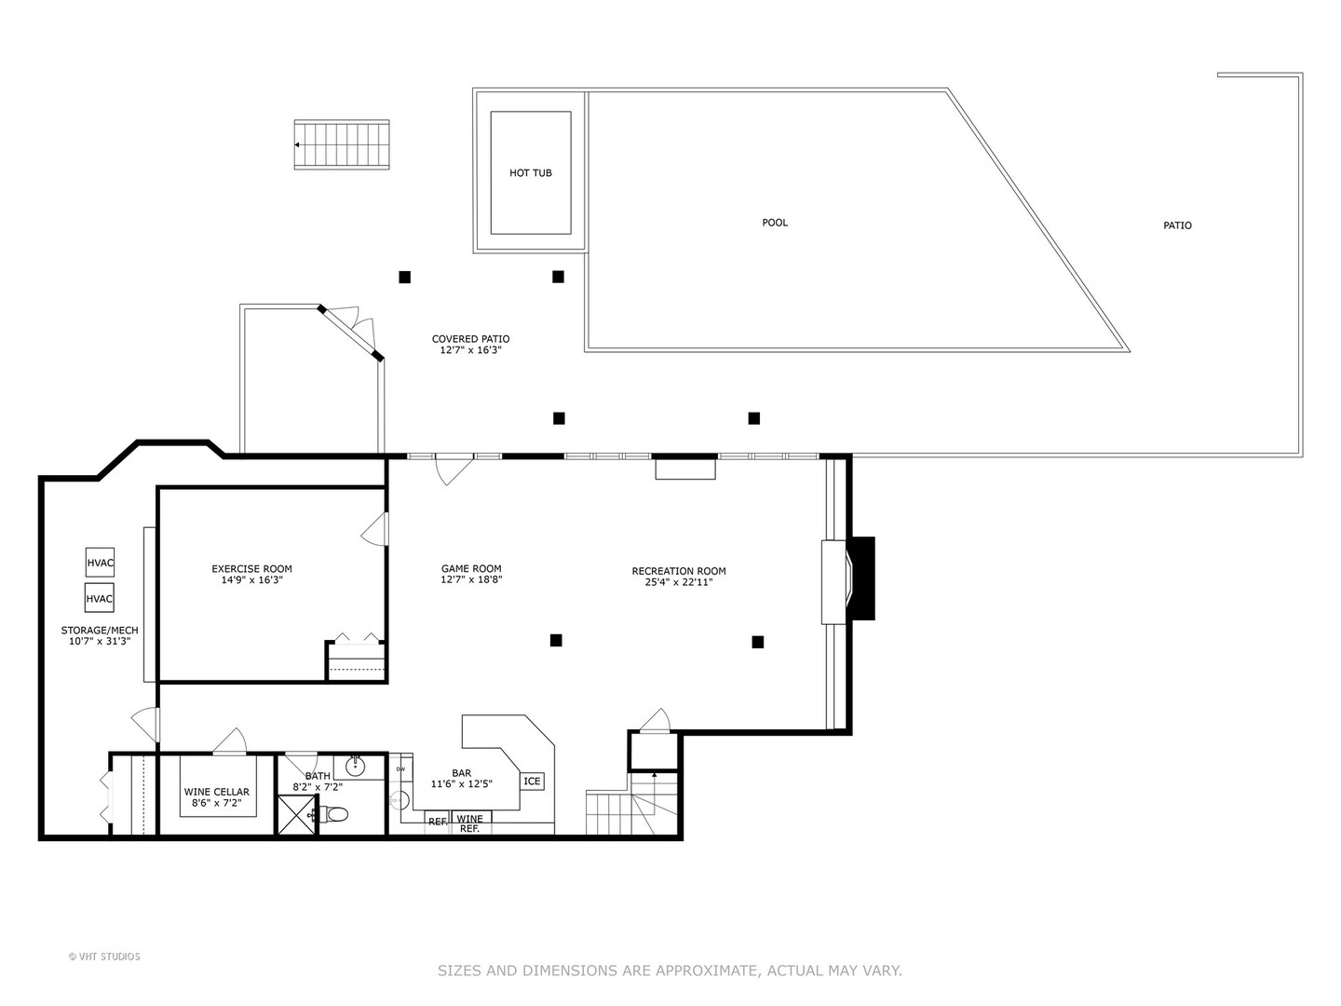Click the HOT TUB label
[x=530, y=173]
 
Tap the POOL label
[x=775, y=223]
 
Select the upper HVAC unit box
[x=100, y=563]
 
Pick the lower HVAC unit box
[x=100, y=598]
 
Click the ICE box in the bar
[x=532, y=782]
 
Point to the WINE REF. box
[x=470, y=823]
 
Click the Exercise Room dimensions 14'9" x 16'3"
[x=251, y=580]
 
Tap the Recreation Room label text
[x=678, y=571]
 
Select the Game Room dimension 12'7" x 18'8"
[x=471, y=579]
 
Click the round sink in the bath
[x=356, y=767]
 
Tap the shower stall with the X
[x=299, y=816]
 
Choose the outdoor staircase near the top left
[x=342, y=144]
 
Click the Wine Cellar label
[x=216, y=792]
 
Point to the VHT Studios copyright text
[x=104, y=957]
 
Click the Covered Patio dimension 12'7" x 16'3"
[x=470, y=350]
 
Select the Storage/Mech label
[x=100, y=631]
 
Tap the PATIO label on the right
[x=1177, y=225]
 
